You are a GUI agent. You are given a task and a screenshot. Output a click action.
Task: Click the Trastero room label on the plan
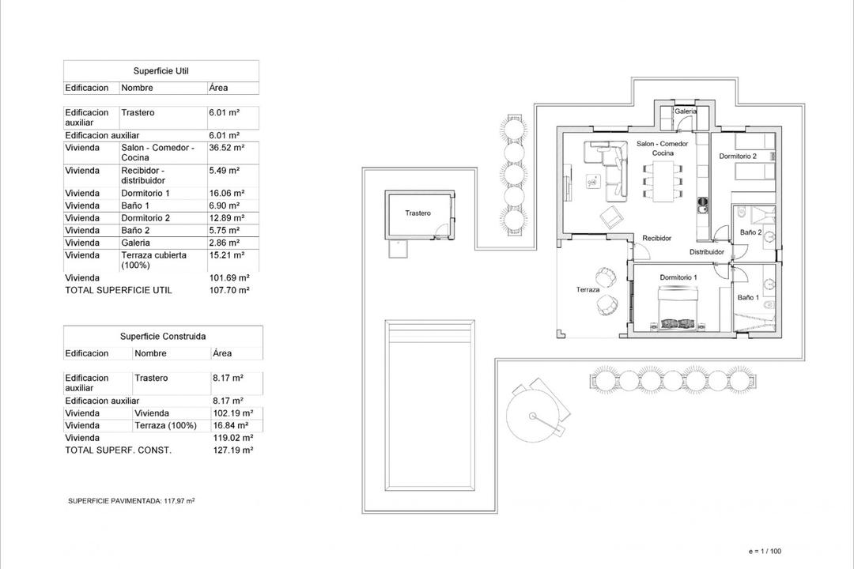pos(418,213)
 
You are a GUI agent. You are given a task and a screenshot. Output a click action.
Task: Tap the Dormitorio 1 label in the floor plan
pos(678,277)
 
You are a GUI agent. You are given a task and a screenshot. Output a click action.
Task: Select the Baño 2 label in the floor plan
pos(750,232)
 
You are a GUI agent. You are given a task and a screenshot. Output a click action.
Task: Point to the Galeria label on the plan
pos(686,111)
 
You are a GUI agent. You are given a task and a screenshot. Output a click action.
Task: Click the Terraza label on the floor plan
pos(588,290)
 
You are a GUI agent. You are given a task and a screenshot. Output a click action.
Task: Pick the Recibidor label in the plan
pos(656,238)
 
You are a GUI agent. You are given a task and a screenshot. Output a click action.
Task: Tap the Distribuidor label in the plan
pos(706,252)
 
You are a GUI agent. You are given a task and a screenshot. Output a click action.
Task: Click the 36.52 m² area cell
pos(226,148)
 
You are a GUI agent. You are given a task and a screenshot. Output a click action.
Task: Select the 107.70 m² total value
pos(229,290)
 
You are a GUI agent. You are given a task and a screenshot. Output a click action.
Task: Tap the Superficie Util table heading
pos(161,71)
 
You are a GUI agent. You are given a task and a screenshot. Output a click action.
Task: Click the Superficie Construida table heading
pos(162,336)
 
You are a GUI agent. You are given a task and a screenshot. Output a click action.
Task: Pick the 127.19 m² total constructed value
pos(232,450)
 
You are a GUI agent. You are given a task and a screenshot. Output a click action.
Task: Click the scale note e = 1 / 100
pos(764,551)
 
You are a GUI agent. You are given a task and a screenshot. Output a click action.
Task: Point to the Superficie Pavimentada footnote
pos(131,501)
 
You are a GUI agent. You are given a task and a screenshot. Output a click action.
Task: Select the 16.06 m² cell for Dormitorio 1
pos(226,193)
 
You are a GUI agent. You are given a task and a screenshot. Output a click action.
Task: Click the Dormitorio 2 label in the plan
pos(737,156)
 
